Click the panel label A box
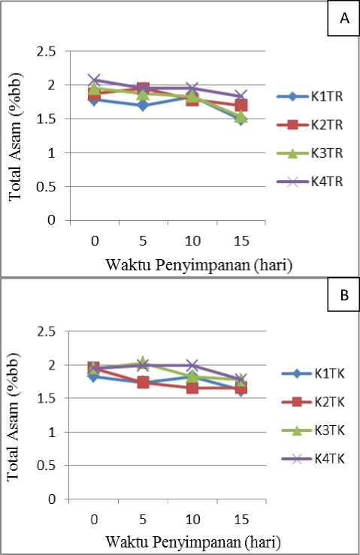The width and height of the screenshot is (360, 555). [x=343, y=19]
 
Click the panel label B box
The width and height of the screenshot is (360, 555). [x=343, y=294]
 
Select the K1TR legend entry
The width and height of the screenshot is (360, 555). [x=310, y=97]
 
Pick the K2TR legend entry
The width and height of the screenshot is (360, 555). [x=310, y=125]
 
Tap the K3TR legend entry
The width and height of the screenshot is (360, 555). [x=310, y=153]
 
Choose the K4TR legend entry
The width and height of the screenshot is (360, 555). [x=310, y=182]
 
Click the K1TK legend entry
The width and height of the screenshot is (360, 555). [x=313, y=374]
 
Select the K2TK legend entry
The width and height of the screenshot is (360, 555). [x=313, y=402]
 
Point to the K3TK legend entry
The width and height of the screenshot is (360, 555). [x=313, y=430]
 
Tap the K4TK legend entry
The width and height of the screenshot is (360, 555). [x=313, y=459]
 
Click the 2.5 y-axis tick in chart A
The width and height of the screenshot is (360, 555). [x=46, y=52]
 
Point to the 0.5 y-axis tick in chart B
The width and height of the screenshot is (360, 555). [x=46, y=466]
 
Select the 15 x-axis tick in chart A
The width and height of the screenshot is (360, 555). [x=241, y=241]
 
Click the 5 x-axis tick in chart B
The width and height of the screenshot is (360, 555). [x=143, y=520]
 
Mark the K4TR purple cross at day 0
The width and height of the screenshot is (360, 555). [x=94, y=80]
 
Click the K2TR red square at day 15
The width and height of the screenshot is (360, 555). [x=241, y=105]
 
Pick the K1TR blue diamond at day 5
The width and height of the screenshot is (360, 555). [x=143, y=105]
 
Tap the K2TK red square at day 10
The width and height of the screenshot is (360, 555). [x=192, y=388]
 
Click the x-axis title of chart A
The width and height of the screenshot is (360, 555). [x=199, y=265]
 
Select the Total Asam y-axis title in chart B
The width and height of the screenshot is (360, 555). [x=14, y=416]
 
